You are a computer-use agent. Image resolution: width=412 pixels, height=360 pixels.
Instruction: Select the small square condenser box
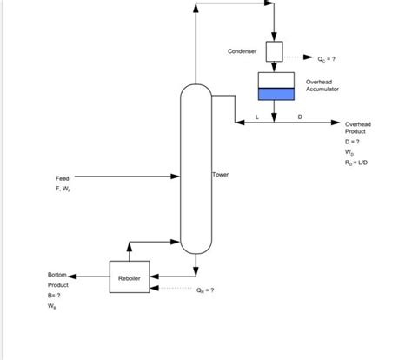(274, 51)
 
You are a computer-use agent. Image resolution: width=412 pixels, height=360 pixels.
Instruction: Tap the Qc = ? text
(326, 60)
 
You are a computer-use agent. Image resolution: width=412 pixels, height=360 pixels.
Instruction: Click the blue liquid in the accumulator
(275, 94)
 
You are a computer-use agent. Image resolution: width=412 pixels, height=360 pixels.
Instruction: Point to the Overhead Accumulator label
(322, 85)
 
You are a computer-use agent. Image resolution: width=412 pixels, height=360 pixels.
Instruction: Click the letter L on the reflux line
(256, 116)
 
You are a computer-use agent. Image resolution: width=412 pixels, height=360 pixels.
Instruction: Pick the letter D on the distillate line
(300, 116)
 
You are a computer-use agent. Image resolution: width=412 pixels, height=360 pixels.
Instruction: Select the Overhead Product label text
(357, 128)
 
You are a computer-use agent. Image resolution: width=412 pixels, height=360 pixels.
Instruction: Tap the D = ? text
(352, 141)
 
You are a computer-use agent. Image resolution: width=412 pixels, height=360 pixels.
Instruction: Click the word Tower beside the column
(221, 175)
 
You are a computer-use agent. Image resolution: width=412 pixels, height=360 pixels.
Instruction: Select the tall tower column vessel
(196, 165)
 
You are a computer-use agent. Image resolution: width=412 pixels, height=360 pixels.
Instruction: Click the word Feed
(63, 178)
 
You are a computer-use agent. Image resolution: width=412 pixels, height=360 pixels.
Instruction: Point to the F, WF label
(65, 189)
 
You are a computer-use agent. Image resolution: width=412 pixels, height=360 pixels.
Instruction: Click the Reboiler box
(128, 277)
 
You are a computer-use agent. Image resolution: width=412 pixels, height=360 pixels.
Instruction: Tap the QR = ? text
(205, 290)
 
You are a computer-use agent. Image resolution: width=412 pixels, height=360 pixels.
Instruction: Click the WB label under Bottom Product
(53, 307)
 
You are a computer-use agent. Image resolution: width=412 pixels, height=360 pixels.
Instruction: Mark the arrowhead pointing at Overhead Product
(336, 123)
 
